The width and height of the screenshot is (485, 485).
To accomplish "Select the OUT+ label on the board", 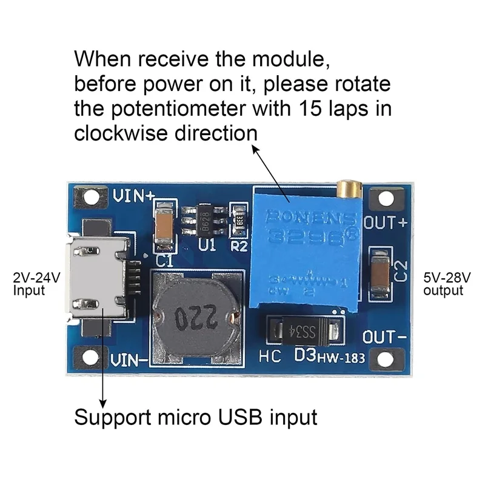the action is point(386,222).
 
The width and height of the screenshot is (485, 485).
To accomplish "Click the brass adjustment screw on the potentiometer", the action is point(347,189).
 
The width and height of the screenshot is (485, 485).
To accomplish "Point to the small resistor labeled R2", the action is point(240,221).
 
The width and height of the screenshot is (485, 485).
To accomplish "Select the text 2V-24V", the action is point(37,279).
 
